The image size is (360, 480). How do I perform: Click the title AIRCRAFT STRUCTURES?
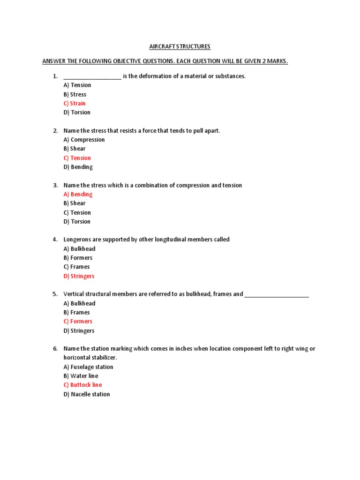(180, 46)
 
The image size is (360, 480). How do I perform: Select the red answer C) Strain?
(75, 103)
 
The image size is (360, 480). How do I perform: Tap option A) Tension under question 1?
(77, 85)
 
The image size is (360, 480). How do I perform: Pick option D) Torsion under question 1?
(77, 112)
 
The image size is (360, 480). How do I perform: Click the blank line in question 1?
(92, 77)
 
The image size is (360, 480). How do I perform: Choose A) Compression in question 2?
(84, 140)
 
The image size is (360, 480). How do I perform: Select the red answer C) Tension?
(77, 158)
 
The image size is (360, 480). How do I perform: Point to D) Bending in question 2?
(78, 167)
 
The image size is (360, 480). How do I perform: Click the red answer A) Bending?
(78, 194)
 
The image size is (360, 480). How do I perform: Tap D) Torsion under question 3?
(77, 221)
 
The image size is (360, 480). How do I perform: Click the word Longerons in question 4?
(77, 240)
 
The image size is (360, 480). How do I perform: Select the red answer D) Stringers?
(79, 276)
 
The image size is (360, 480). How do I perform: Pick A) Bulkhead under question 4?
(79, 249)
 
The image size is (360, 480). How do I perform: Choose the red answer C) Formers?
(78, 322)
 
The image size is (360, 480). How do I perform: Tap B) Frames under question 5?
(76, 312)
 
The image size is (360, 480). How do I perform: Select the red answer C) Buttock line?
(82, 385)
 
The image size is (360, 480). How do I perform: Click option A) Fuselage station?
(88, 367)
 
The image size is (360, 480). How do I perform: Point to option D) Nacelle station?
(87, 394)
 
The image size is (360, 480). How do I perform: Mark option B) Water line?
(81, 376)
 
